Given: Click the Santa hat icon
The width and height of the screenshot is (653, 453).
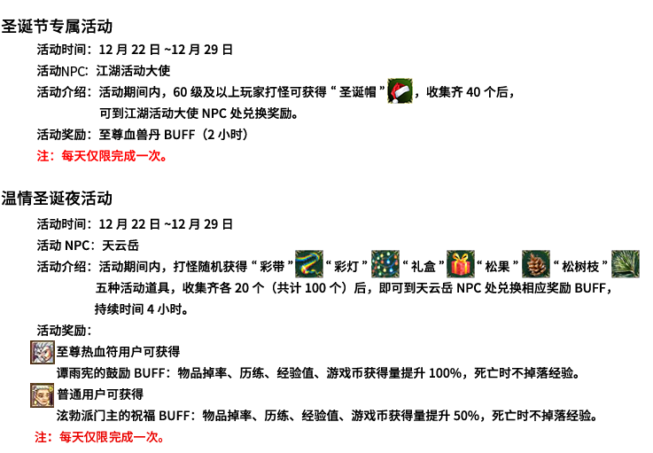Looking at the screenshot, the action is click(400, 90).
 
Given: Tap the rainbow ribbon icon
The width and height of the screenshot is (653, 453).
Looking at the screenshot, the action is click(309, 264).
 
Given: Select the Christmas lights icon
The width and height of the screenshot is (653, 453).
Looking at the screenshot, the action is click(385, 264).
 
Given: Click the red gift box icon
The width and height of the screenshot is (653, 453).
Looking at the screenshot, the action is click(461, 264).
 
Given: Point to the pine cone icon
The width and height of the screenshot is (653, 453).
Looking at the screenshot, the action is click(536, 264).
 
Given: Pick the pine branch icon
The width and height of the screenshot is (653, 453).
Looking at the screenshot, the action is click(626, 264).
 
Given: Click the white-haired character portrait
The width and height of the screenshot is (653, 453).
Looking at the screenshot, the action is click(42, 352).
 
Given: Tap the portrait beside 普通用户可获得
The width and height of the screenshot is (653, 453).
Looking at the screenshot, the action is click(42, 395).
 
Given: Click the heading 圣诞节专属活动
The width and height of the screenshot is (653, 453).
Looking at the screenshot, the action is click(57, 27).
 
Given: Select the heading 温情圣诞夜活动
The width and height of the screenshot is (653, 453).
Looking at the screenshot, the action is click(57, 199).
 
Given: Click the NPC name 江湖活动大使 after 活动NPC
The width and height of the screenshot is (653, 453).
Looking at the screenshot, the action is click(133, 71).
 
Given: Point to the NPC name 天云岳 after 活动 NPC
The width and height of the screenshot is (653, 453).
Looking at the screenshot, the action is click(120, 246).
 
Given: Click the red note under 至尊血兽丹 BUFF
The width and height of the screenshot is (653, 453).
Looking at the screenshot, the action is click(102, 156).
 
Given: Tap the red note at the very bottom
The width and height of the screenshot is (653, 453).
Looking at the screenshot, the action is click(100, 437).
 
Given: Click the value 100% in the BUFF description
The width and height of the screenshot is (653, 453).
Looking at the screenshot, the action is click(445, 373).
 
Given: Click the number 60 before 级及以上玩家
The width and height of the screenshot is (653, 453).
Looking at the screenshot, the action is click(180, 92).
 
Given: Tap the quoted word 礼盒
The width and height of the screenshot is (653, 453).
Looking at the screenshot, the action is click(424, 267).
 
